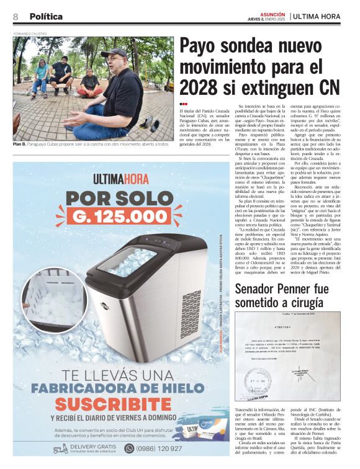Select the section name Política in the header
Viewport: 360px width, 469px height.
[x=46, y=16]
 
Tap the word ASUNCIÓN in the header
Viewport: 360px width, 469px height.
[x=272, y=12]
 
